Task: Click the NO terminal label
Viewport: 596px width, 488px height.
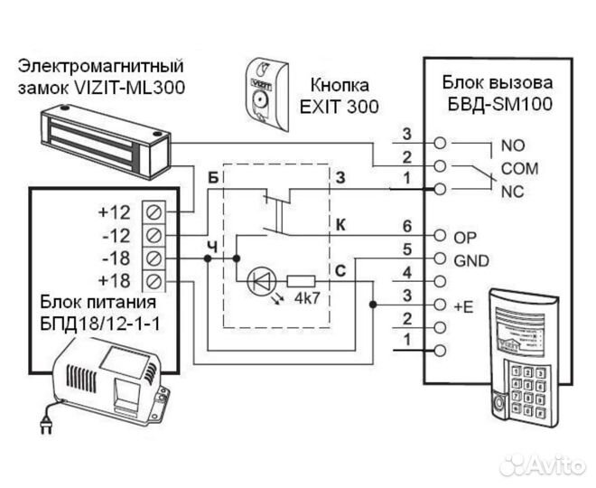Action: click(512, 145)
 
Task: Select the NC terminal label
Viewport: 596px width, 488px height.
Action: click(512, 192)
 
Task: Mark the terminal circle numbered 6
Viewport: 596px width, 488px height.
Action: click(440, 235)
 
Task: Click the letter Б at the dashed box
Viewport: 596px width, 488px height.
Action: click(214, 176)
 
